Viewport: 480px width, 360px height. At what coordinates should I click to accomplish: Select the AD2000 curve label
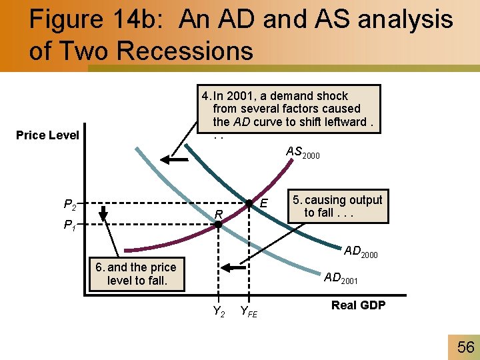pyautogui.click(x=361, y=251)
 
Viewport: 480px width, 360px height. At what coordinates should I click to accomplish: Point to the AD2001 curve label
pyautogui.click(x=341, y=279)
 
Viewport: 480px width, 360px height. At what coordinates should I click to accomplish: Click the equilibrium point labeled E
pyautogui.click(x=249, y=203)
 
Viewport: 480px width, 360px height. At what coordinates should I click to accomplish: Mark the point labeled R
pyautogui.click(x=218, y=225)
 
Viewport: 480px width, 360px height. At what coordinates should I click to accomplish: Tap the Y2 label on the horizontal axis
pyautogui.click(x=218, y=310)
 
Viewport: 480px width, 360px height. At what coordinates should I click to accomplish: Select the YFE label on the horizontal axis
pyautogui.click(x=249, y=311)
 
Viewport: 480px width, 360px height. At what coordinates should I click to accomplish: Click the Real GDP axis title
pyautogui.click(x=358, y=305)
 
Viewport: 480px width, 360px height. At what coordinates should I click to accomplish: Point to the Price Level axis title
pyautogui.click(x=47, y=135)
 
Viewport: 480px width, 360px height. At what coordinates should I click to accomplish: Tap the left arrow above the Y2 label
pyautogui.click(x=233, y=268)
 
